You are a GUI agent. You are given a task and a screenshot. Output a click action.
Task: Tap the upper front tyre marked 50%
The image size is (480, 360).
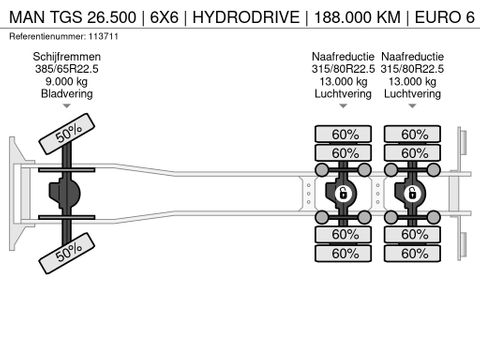coord(67,133)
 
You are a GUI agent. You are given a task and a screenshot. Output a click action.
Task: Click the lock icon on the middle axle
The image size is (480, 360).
coord(343,192)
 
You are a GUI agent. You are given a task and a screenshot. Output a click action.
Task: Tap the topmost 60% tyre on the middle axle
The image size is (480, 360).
coord(345,134)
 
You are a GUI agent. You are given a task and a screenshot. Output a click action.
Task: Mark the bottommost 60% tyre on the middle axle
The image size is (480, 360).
coord(345,253)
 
